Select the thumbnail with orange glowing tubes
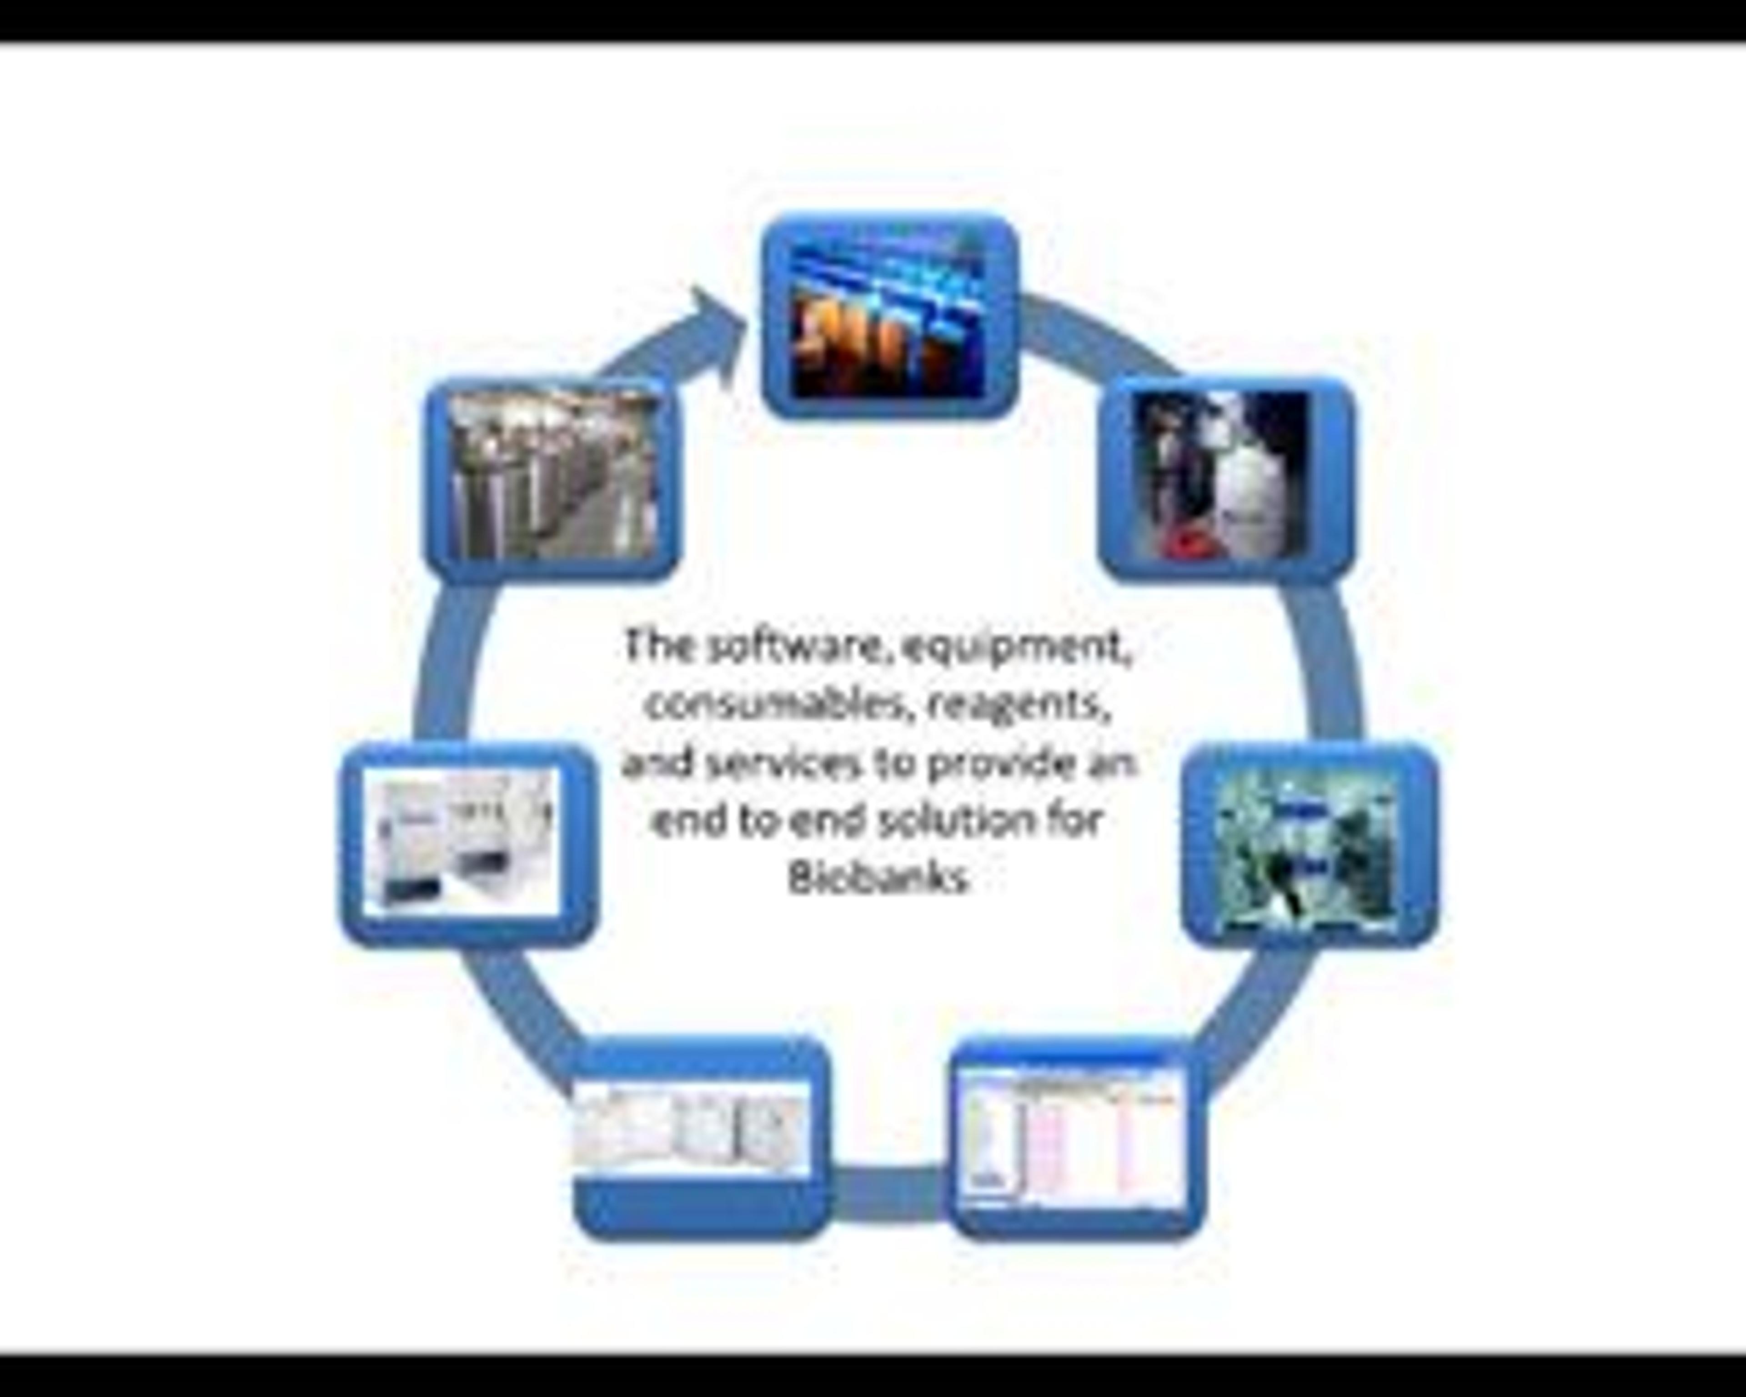coord(888,316)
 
